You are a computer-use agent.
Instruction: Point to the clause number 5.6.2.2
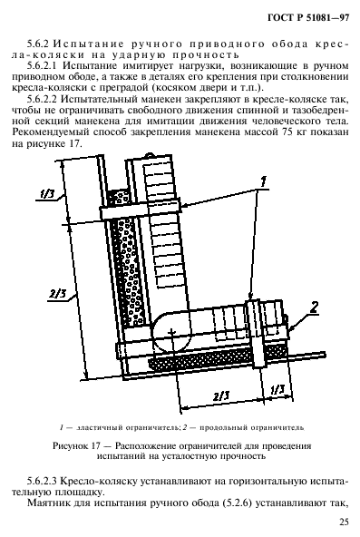pyautogui.click(x=44, y=118)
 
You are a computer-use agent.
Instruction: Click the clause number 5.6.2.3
pyautogui.click(x=44, y=476)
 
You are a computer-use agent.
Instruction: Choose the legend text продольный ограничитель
pyautogui.click(x=252, y=425)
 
